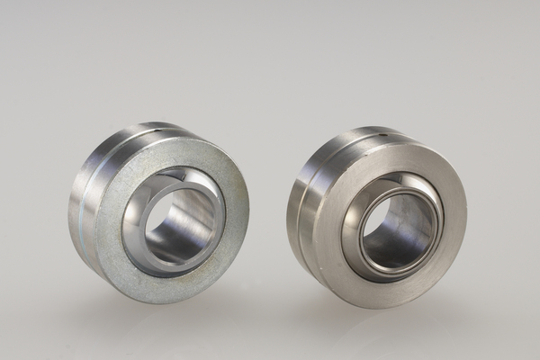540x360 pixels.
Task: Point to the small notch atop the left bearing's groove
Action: click(x=161, y=131)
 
